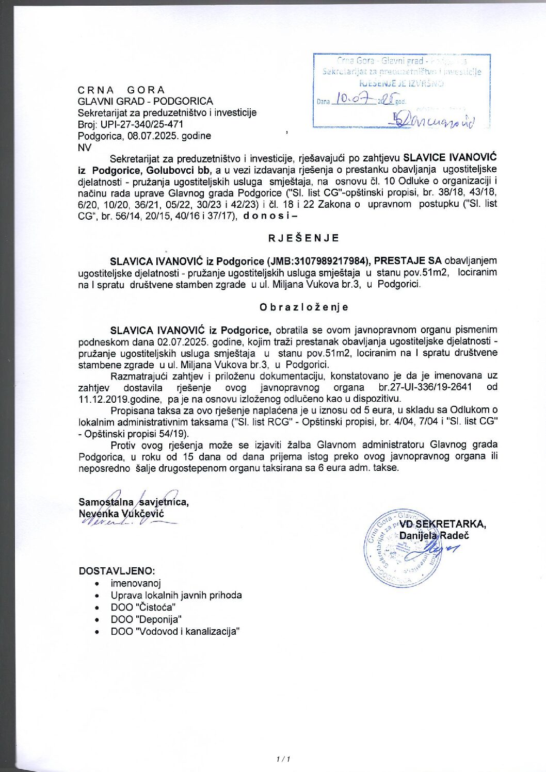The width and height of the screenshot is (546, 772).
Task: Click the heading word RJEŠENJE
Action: pyautogui.click(x=304, y=238)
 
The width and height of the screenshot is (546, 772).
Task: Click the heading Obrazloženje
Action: pyautogui.click(x=304, y=307)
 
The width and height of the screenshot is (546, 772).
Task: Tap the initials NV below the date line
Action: pyautogui.click(x=85, y=147)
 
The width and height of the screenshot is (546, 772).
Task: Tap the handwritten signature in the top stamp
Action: pyautogui.click(x=433, y=121)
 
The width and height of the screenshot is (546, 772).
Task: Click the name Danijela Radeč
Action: pyautogui.click(x=434, y=535)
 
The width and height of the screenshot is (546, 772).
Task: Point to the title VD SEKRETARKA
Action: pyautogui.click(x=442, y=524)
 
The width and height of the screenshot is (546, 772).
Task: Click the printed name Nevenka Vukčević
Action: pyautogui.click(x=121, y=514)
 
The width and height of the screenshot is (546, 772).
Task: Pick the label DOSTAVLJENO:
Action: pyautogui.click(x=117, y=571)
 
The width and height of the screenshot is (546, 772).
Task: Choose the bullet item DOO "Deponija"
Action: pyautogui.click(x=146, y=619)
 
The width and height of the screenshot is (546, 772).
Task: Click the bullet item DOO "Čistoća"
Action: pyautogui.click(x=143, y=607)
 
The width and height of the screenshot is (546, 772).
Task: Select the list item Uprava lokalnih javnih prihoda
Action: pyautogui.click(x=176, y=595)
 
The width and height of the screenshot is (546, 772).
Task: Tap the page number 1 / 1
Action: pyautogui.click(x=283, y=759)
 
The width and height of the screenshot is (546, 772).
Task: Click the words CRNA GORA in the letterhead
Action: pyautogui.click(x=121, y=90)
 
